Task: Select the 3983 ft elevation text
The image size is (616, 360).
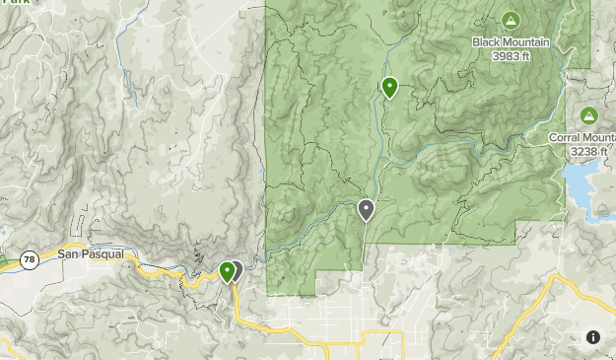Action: [510, 55]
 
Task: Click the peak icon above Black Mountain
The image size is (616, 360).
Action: [510, 21]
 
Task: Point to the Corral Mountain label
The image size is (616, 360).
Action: [582, 138]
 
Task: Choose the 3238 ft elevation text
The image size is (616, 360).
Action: [588, 151]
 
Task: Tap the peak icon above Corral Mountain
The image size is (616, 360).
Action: [588, 116]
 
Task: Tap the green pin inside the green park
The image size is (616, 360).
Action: [390, 87]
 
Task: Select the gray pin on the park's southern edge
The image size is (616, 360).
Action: [367, 208]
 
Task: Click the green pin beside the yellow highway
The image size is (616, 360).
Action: [228, 270]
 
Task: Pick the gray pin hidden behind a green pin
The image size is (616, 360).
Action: [237, 267]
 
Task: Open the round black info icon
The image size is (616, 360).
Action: [593, 337]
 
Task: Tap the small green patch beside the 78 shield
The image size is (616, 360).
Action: [4, 260]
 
